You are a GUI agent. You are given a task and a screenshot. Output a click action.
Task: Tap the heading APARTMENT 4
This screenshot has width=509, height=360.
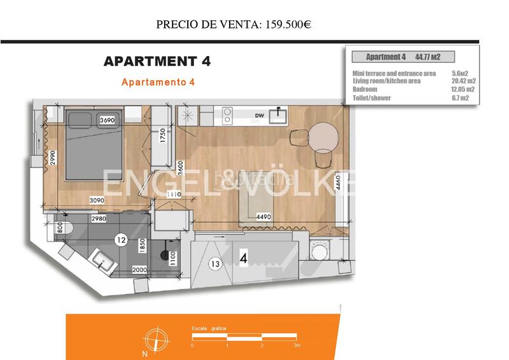pos(157,62)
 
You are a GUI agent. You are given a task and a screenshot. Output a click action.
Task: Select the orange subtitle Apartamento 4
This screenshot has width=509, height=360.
pos(157,82)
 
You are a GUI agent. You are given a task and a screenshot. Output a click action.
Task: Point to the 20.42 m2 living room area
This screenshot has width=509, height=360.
pos(463,81)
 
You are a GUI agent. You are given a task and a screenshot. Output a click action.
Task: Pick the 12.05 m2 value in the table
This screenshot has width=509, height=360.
pos(463,90)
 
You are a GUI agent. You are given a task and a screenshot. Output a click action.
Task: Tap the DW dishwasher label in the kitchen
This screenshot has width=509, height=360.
pos(259,115)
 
